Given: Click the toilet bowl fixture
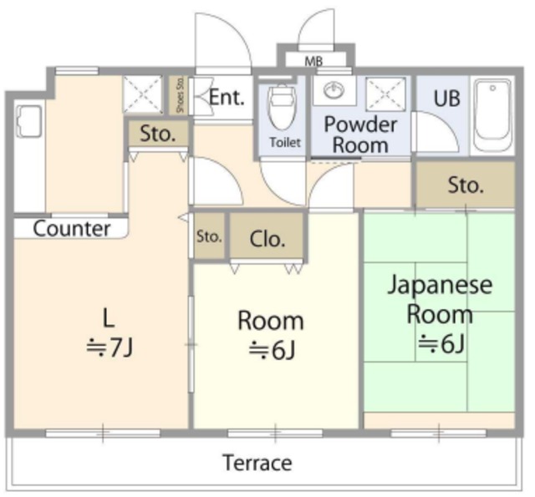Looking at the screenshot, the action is point(283,108).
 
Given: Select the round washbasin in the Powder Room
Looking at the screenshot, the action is point(334,90).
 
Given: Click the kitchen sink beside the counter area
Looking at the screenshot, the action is point(29,122).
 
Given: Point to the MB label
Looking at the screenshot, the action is point(313,62).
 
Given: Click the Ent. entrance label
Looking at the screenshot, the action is point(227,98).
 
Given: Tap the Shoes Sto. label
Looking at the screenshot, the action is point(181,95).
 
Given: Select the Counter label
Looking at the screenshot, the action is point(72,229).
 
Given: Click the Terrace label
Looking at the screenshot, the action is point(257,463).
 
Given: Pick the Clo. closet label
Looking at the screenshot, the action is point(267,239).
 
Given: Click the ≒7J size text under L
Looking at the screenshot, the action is point(110,347).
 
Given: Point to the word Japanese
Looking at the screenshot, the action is point(441,286).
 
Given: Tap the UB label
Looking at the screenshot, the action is point(447,99).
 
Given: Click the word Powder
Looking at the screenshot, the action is point(360,124).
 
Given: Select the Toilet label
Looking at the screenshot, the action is point(285,142).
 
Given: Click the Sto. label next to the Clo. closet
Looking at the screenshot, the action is point(209,236).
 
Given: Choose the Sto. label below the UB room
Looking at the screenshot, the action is point(466,185).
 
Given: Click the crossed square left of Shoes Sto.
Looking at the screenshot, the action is point(143,94).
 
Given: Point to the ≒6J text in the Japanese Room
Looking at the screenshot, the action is point(441,343).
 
